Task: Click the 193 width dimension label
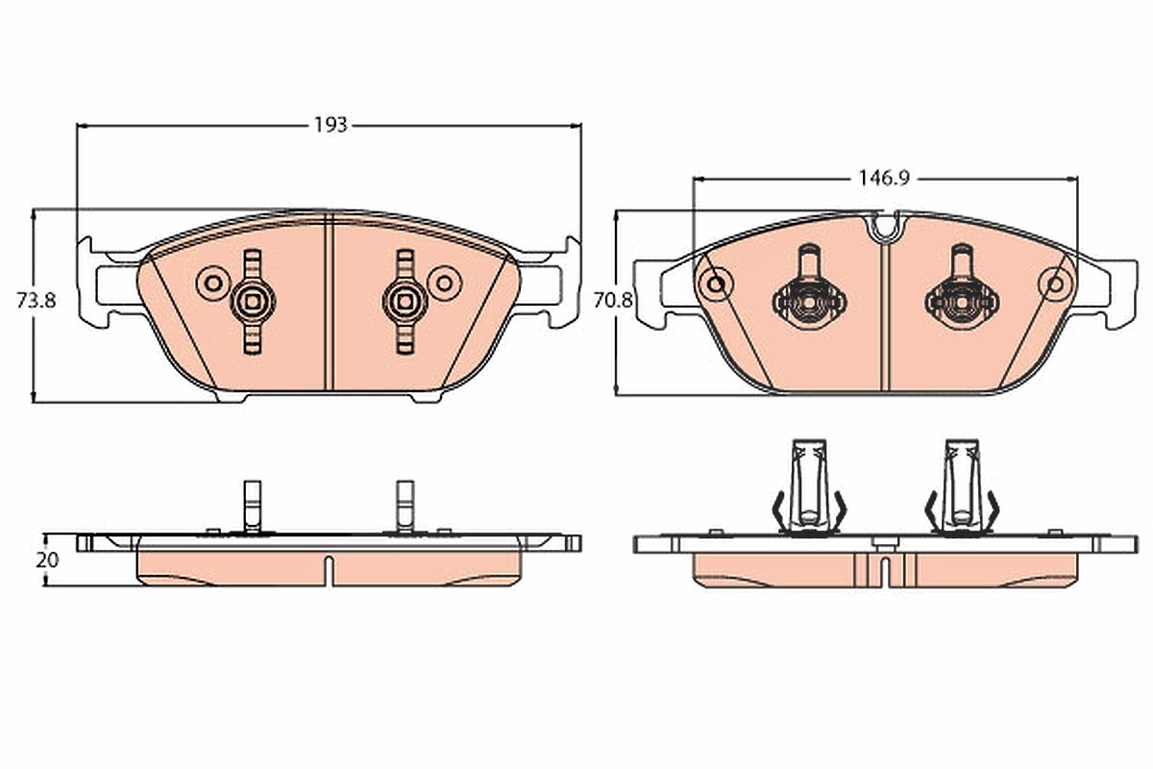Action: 331,125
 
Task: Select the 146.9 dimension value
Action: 884,178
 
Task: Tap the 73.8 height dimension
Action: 37,300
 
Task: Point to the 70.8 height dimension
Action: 613,300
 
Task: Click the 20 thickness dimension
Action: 47,560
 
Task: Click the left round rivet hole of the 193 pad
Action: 213,283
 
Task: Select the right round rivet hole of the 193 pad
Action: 445,283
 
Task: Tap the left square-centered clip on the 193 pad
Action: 252,302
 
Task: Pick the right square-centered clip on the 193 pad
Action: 405,302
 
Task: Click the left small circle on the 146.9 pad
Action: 716,284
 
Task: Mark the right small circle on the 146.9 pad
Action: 1055,284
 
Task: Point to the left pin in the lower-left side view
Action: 252,508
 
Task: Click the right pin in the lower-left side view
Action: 405,508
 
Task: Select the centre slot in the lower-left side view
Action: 329,570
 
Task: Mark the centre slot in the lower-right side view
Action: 885,570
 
